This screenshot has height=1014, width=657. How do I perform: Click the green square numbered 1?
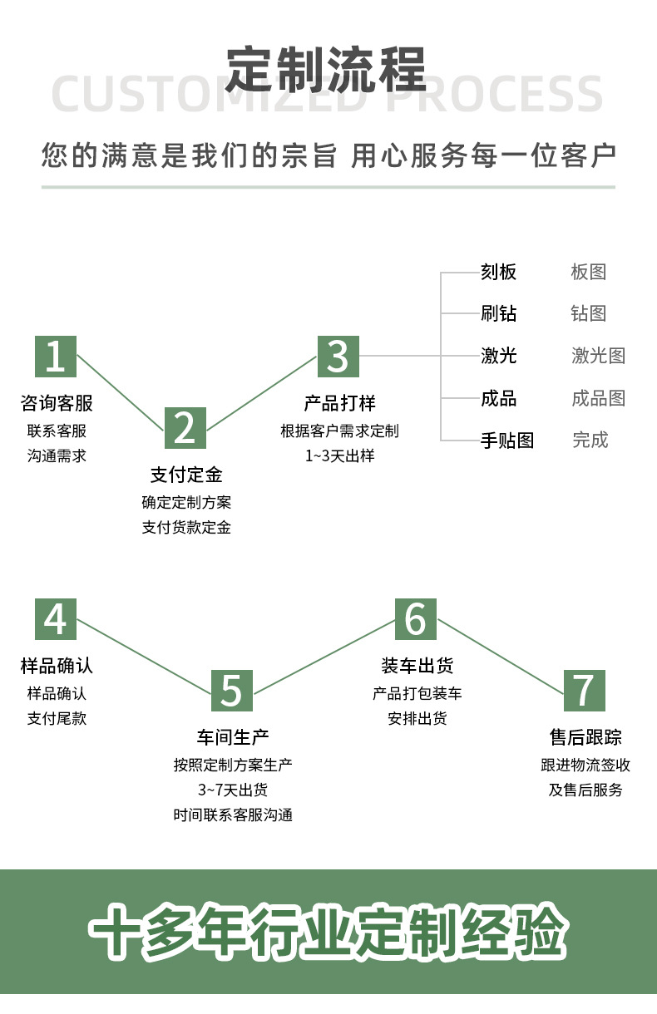pyautogui.click(x=56, y=356)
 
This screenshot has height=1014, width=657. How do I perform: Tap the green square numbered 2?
pyautogui.click(x=185, y=428)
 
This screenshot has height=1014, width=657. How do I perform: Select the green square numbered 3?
pyautogui.click(x=338, y=356)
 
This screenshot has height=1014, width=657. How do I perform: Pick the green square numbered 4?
pyautogui.click(x=56, y=619)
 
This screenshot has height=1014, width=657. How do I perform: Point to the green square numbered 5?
pyautogui.click(x=231, y=691)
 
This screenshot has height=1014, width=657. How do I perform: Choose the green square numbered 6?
pyautogui.click(x=416, y=619)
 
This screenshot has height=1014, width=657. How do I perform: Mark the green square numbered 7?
pyautogui.click(x=585, y=690)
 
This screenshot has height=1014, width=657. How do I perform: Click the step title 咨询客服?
pyautogui.click(x=57, y=404)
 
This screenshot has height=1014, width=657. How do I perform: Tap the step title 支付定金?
pyautogui.click(x=186, y=475)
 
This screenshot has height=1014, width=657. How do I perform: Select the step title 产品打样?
pyautogui.click(x=339, y=404)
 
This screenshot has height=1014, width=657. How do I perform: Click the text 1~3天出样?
pyautogui.click(x=339, y=455)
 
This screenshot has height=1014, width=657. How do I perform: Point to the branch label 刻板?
pyautogui.click(x=498, y=272)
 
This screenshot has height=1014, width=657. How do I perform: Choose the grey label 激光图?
pyautogui.click(x=598, y=356)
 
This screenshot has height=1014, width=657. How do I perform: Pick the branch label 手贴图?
pyautogui.click(x=506, y=441)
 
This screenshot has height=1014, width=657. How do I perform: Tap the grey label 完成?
pyautogui.click(x=590, y=441)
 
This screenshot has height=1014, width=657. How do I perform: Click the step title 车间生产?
pyautogui.click(x=233, y=737)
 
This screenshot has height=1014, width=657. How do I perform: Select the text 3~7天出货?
pyautogui.click(x=233, y=790)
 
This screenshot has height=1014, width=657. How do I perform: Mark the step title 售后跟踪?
pyautogui.click(x=585, y=737)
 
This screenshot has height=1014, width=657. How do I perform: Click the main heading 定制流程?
pyautogui.click(x=327, y=70)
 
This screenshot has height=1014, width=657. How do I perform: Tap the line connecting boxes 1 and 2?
pyautogui.click(x=121, y=392)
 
